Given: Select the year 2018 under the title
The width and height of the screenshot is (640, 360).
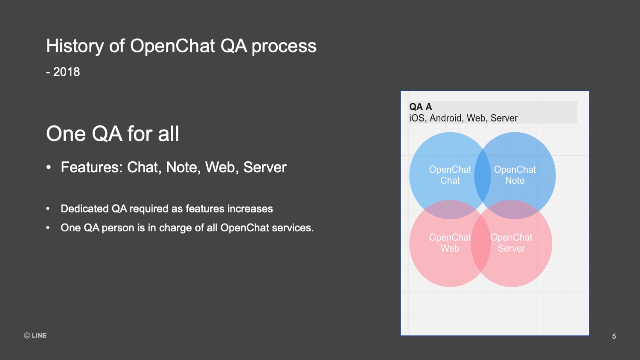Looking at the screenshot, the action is coord(66,72).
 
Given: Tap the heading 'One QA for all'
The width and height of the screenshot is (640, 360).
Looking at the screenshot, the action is coord(113,134).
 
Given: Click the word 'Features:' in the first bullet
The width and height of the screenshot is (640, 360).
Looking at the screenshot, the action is coord(92,167).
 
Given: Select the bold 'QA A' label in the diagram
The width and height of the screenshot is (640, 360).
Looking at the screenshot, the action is coord(421,107).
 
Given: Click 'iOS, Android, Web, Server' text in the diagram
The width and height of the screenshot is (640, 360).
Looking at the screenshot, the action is coord(463,118).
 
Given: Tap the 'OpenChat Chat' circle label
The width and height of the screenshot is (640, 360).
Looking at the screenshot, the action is coord(450,175).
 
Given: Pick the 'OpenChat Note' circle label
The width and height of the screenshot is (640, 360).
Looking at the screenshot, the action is coord(515,175).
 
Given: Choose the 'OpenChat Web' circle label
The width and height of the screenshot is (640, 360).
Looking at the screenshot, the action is coord(450,243).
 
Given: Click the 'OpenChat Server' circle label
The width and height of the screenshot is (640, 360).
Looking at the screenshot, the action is coord(512,243).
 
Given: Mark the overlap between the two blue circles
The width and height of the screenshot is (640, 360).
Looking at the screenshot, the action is coord(483,175).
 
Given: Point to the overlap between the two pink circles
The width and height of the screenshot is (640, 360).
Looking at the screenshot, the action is coord(480,244).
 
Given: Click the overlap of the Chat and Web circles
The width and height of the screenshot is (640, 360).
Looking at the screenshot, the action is coord(450,209).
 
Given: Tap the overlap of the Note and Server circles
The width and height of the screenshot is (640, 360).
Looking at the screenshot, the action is coord(513,209).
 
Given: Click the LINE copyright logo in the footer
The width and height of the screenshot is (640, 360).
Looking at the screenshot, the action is coord(35,335).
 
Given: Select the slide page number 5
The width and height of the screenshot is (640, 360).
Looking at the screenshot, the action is coord(614,336).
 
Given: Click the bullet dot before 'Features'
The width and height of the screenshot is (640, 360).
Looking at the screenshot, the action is coord(49,168).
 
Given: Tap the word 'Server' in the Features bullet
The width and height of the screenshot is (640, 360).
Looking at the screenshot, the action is coord(265,167).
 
